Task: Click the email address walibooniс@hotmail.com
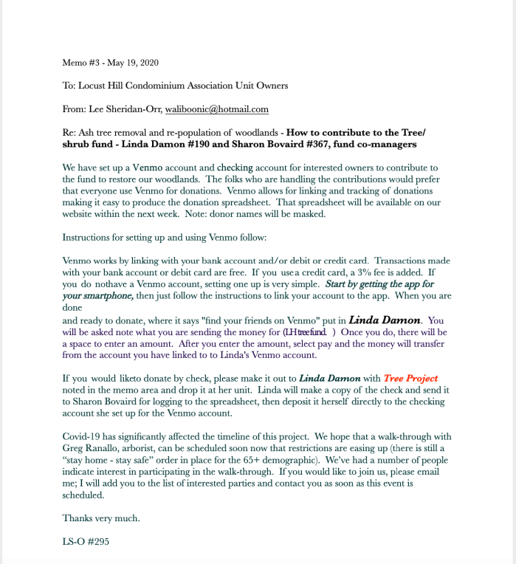(x=216, y=109)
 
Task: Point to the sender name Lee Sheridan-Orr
(x=124, y=109)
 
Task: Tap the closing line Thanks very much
(x=101, y=518)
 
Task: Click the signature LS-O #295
(x=86, y=541)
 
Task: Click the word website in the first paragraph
(x=80, y=214)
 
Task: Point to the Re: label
(x=69, y=132)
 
